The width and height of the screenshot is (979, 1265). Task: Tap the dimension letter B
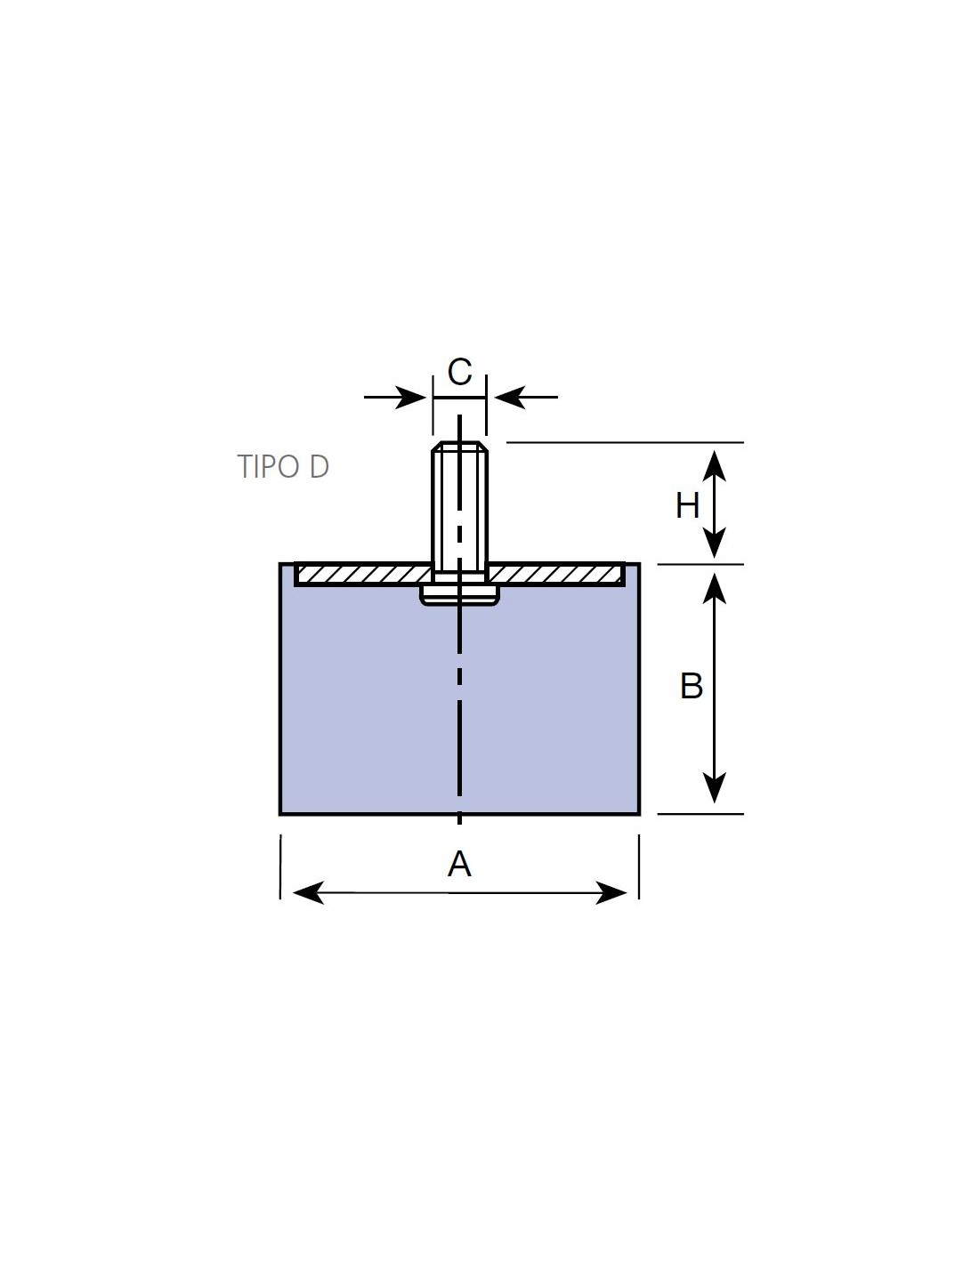point(692,686)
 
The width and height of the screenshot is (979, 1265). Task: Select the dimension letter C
point(459,372)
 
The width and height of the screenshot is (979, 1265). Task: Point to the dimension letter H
point(687,505)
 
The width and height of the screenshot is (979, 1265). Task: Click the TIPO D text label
point(283,467)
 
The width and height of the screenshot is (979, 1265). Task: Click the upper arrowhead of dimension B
point(714,587)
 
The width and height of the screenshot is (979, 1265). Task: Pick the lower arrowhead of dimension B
point(714,787)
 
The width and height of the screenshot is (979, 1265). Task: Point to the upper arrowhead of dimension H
point(714,465)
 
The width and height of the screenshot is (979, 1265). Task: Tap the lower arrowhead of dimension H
point(714,543)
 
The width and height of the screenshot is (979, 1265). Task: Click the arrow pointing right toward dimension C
point(395,397)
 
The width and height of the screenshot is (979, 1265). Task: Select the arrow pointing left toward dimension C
point(526,397)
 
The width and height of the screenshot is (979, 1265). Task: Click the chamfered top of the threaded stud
point(459,447)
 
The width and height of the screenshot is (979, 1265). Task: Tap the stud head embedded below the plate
point(459,595)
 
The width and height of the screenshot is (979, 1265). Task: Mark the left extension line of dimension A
point(280,866)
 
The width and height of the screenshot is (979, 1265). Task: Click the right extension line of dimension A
point(639,866)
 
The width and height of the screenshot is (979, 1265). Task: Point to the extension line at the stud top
point(625,442)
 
